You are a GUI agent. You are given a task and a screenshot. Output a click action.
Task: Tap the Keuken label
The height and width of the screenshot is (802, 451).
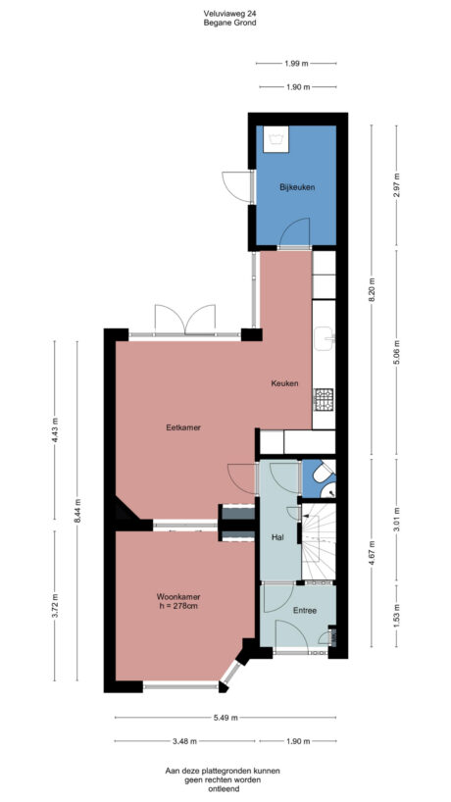tap(284, 383)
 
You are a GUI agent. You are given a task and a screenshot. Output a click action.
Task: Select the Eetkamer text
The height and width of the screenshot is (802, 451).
tap(183, 426)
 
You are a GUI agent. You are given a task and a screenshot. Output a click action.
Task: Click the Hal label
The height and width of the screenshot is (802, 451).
tap(277, 537)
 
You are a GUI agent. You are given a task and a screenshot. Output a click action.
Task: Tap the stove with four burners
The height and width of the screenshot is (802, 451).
tap(324, 398)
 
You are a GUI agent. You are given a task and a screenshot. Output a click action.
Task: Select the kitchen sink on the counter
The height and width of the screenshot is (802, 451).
tap(326, 339)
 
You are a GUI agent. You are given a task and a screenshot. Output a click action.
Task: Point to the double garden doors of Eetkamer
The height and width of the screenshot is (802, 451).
tap(185, 320)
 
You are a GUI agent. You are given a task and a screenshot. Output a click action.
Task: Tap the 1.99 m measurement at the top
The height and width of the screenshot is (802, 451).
tap(297, 63)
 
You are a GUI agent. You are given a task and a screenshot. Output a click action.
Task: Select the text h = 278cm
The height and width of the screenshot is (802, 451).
tap(177, 605)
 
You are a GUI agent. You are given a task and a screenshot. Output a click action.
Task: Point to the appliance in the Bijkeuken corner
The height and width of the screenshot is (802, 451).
tap(276, 139)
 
